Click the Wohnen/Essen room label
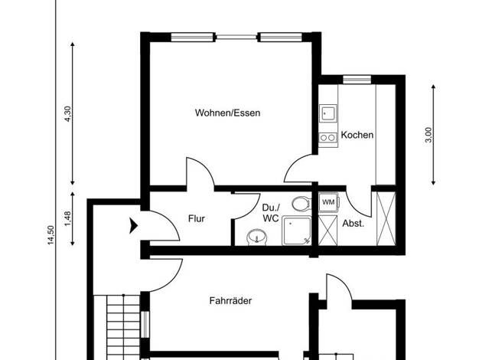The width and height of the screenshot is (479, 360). tap(227, 113)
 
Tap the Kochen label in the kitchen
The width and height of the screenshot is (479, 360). tap(357, 135)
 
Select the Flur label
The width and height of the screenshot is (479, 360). tap(197, 219)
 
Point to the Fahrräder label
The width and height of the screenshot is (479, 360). tap(230, 301)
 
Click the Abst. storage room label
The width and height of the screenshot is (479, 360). tap(354, 224)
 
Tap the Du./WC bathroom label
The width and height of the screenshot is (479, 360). tap(271, 213)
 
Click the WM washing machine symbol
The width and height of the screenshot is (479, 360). tap(328, 202)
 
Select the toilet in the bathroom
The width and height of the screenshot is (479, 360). tap(301, 204)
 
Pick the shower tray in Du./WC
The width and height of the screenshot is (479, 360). tap(297, 231)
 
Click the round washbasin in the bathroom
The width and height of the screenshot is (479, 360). tap(256, 237)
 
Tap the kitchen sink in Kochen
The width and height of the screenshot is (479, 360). tap(327, 113)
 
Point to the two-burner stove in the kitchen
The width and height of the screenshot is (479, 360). tap(327, 138)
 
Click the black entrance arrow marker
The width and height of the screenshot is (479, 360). tap(133, 226)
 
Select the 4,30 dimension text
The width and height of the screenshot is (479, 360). tap(68, 114)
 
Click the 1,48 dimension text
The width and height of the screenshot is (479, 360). tap(68, 219)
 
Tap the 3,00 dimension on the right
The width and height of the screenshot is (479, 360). tap(429, 135)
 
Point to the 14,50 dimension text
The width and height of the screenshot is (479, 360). tap(51, 235)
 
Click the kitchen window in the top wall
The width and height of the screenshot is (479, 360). tap(357, 80)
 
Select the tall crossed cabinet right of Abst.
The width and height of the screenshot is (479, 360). tap(386, 219)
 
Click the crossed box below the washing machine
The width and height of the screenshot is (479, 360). tap(327, 231)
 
